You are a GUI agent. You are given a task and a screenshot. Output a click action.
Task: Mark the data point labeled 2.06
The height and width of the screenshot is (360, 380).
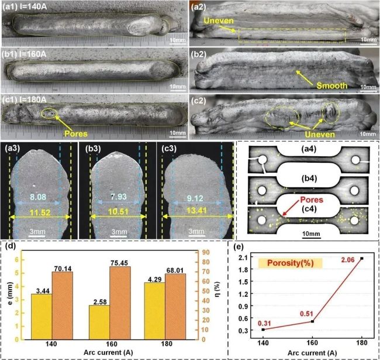point(362,258)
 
